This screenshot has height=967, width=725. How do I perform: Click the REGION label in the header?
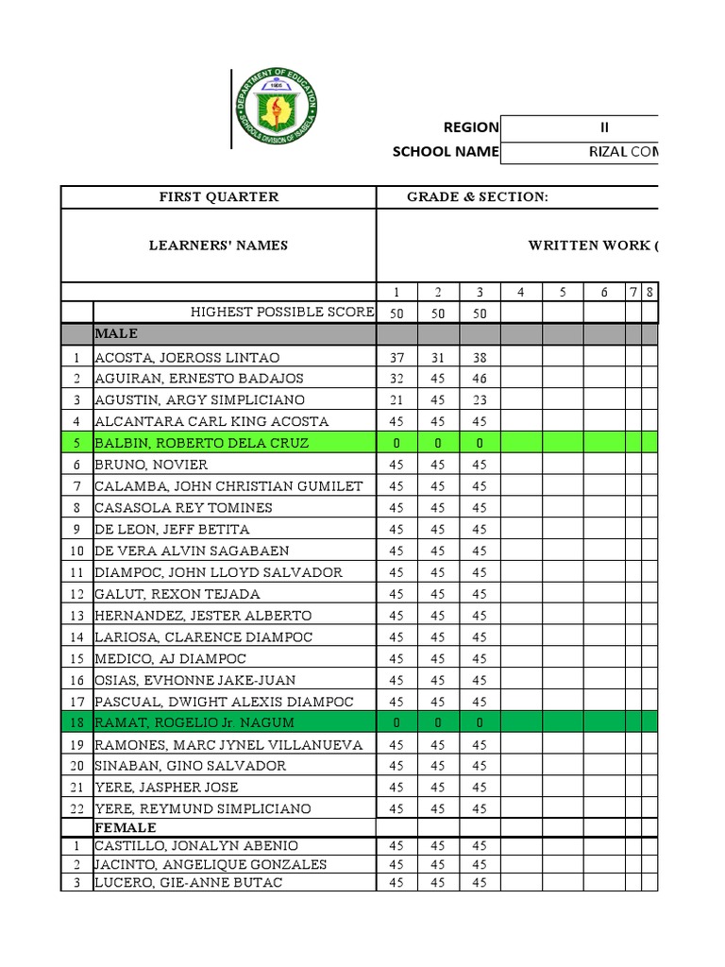click(471, 127)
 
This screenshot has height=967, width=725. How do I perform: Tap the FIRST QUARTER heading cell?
click(218, 196)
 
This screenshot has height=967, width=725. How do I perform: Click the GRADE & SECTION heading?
click(477, 196)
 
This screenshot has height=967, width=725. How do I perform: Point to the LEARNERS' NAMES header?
click(218, 246)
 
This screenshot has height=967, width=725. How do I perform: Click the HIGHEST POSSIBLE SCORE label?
click(282, 313)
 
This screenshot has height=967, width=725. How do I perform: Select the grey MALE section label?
click(116, 333)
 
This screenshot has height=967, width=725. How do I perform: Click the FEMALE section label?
click(125, 827)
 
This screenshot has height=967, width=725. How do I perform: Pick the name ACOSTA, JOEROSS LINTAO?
click(187, 358)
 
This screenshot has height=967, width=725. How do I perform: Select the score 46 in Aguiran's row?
click(480, 379)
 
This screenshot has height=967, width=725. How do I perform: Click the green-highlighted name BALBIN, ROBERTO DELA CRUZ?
click(201, 443)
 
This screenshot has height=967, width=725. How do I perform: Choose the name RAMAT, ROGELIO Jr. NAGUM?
click(194, 722)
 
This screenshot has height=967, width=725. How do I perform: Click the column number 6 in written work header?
click(604, 293)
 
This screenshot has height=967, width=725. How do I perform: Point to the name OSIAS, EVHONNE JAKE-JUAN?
click(194, 680)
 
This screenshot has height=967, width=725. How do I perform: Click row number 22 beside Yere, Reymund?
click(76, 809)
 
